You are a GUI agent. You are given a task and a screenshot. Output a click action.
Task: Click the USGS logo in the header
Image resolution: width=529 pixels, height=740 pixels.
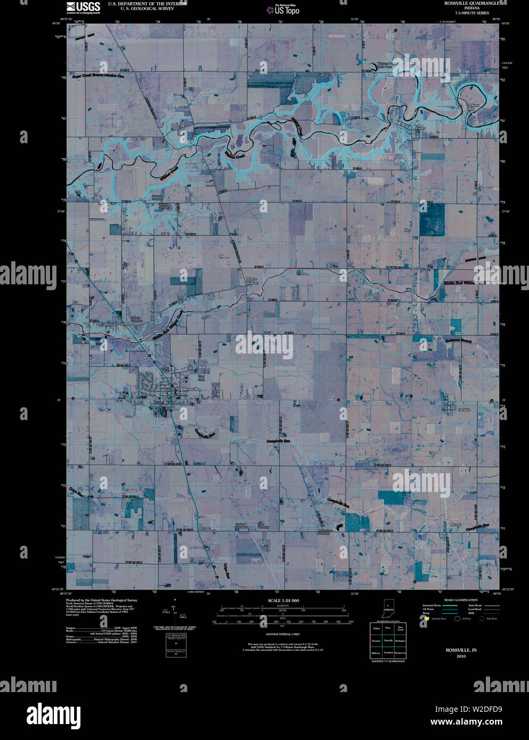[x=83, y=7]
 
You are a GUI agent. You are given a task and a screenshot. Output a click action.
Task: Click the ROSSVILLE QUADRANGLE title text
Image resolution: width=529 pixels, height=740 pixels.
[x=471, y=3]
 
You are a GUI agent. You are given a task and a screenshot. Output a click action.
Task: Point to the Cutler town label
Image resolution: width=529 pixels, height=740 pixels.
[x=420, y=128]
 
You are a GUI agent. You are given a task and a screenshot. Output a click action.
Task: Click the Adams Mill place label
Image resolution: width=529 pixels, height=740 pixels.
[x=473, y=106]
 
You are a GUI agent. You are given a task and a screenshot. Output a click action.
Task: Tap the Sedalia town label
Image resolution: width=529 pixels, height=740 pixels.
[x=465, y=409]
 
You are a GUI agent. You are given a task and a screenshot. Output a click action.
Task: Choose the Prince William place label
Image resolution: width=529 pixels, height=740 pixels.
[x=251, y=281]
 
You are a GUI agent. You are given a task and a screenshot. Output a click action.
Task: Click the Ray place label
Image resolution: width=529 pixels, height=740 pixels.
[x=408, y=230]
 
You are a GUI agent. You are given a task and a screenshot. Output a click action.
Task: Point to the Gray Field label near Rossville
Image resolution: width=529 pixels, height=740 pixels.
[x=201, y=378]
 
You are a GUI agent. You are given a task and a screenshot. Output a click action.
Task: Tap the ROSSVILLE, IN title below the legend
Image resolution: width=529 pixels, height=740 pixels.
[x=461, y=650]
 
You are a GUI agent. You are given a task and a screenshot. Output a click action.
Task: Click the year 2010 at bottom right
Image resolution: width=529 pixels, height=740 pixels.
[x=461, y=656]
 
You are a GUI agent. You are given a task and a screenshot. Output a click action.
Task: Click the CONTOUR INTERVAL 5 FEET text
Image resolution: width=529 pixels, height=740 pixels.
[x=283, y=635]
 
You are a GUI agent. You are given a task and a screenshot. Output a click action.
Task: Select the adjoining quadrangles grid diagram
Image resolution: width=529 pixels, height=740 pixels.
[x=388, y=640]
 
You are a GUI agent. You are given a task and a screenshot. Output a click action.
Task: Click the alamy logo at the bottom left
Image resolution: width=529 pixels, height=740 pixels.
[x=54, y=714]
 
